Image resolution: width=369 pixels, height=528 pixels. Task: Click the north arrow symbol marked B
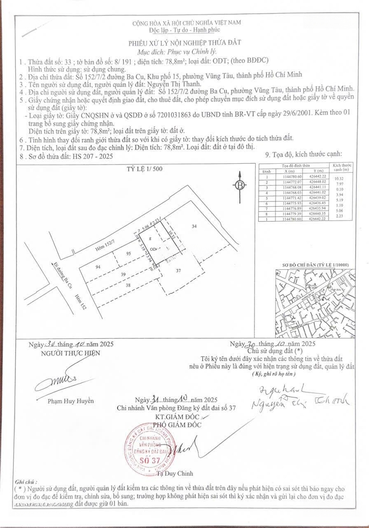pyautogui.click(x=240, y=185)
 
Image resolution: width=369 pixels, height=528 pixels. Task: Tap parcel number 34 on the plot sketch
pyautogui.click(x=194, y=226)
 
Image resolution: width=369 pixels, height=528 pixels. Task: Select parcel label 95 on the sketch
pyautogui.click(x=128, y=253)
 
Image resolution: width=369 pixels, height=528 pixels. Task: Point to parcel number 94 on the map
pyautogui.click(x=99, y=267)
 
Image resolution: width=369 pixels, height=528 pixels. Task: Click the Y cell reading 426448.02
pyautogui.click(x=318, y=182)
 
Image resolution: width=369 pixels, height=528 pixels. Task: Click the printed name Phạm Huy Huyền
pyautogui.click(x=71, y=401)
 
